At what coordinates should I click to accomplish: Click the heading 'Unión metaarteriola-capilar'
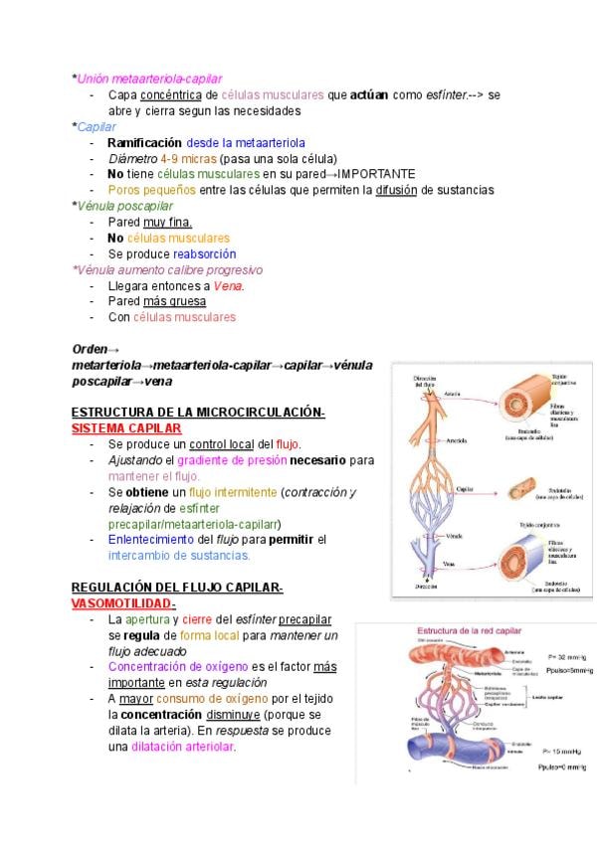coord(149,79)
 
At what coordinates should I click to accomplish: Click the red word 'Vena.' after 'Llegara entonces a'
coord(229,285)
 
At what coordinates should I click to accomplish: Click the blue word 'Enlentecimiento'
coord(154,539)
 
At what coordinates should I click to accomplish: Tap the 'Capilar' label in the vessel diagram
coord(464,489)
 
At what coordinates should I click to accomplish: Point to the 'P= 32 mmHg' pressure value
coord(568,656)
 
